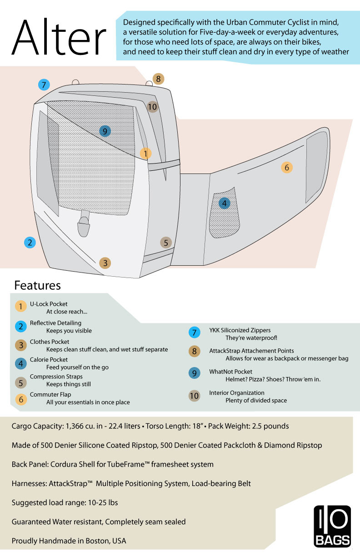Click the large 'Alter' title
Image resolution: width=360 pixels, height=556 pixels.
coord(59,37)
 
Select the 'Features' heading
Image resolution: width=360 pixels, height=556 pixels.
coord(38,285)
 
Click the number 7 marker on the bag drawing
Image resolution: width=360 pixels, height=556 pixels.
coord(44,85)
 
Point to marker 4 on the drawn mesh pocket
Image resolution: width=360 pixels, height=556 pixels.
coord(225,204)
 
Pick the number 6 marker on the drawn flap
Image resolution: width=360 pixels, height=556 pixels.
coord(287,168)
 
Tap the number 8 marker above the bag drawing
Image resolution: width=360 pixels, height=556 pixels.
coord(158,79)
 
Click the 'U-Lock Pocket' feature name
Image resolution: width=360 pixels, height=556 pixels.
coord(49,304)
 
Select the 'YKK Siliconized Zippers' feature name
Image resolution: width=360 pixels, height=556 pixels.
coord(240,330)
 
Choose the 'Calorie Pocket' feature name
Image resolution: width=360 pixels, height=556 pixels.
coord(49,360)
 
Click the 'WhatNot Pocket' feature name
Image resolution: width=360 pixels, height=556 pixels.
coord(230,372)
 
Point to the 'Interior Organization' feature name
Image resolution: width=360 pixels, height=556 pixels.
coord(236,393)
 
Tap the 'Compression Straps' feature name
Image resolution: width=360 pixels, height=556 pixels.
coord(56,377)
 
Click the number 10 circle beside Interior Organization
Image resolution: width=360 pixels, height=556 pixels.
coord(194,396)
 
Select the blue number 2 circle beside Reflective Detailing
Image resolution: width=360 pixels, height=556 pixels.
coord(21,327)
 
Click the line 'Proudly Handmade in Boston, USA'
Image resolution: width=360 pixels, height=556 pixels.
coord(69,541)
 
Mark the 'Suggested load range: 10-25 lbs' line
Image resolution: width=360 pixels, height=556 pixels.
coord(65,503)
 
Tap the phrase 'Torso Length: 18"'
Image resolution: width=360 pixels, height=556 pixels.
coord(175,426)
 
